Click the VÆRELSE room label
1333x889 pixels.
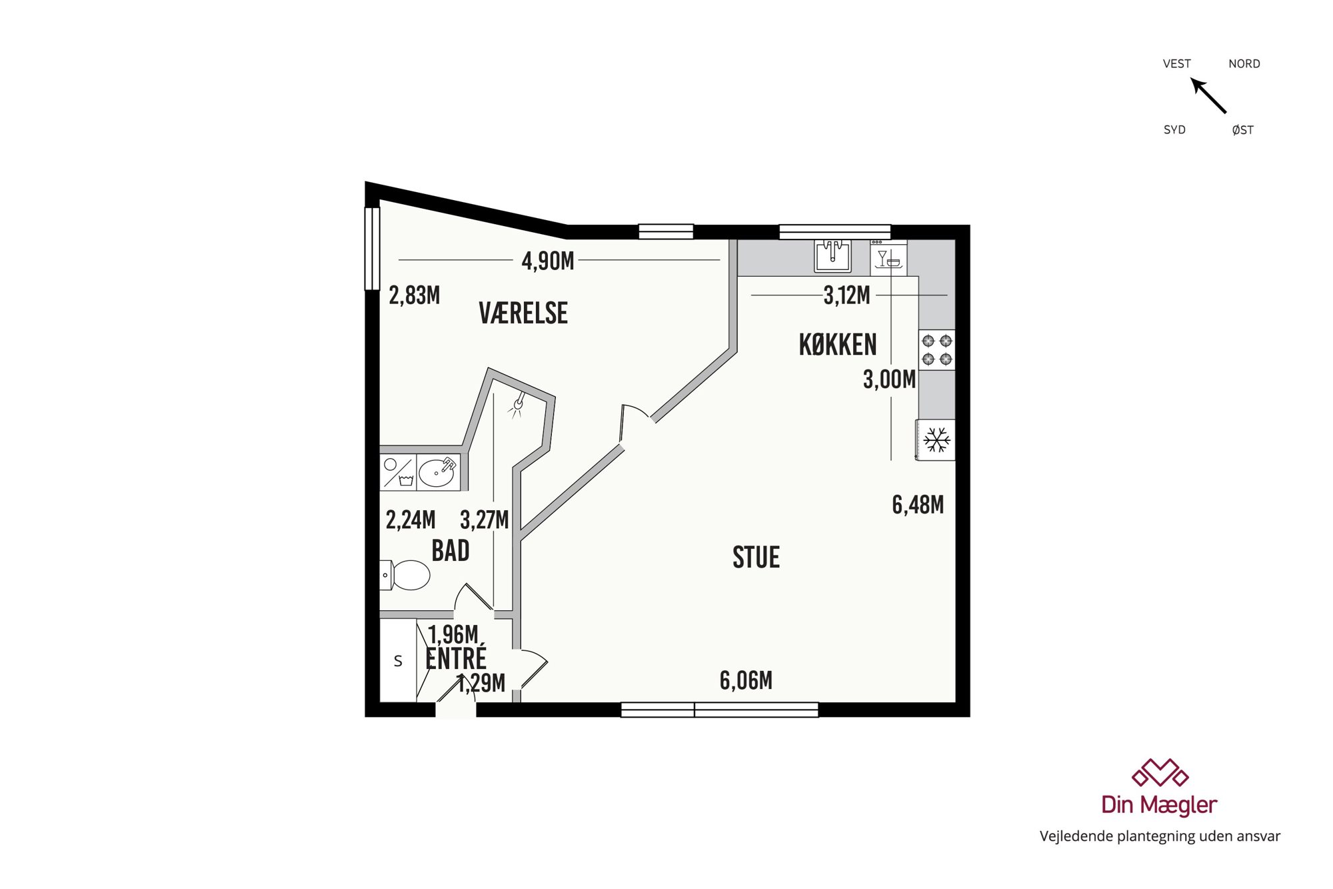523,313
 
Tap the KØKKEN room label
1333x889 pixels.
838,345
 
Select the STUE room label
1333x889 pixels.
756,558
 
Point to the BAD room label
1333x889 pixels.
451,551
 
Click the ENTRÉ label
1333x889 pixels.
456,658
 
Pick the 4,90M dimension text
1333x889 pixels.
548,261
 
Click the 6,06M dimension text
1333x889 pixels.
746,680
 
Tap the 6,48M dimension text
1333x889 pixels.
918,505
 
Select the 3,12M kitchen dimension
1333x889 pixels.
846,295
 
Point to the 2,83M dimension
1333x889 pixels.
414,295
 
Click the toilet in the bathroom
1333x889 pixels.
405,575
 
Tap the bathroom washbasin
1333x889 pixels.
437,472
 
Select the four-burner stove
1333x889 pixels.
936,350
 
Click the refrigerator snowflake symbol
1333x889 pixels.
936,440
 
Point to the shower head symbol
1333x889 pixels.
518,405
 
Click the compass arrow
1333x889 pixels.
1208,95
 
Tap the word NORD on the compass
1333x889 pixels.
1244,64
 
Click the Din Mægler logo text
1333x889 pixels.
1159,805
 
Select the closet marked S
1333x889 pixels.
398,661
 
